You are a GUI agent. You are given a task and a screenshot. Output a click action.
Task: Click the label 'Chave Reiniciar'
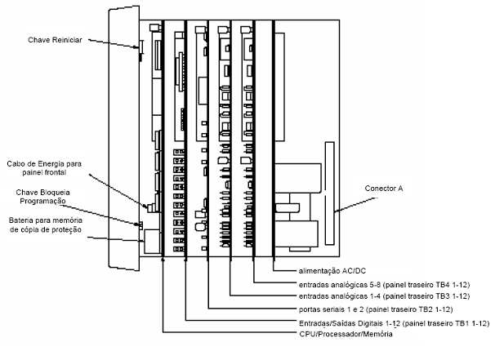(55, 40)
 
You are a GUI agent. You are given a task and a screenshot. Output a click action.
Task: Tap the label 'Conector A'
(384, 189)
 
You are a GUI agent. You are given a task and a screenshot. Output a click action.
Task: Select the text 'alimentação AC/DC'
(332, 271)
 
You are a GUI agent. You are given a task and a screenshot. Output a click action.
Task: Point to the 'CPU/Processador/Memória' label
(346, 334)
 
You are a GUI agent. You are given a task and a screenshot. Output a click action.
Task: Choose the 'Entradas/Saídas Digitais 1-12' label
(350, 323)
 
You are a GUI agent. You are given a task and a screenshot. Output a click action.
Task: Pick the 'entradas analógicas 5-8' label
(339, 285)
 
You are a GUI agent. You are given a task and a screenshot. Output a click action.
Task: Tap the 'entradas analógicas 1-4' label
(339, 296)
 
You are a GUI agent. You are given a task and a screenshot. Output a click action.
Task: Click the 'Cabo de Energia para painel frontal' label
(44, 168)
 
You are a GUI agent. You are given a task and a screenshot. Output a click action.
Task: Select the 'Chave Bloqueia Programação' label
(43, 197)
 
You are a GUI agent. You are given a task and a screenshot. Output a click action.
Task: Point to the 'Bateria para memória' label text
(46, 220)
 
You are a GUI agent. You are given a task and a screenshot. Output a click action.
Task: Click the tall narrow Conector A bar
(329, 193)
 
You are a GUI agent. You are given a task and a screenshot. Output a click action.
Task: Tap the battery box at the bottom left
(152, 241)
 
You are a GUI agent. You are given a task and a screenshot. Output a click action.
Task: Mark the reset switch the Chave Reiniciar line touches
(141, 51)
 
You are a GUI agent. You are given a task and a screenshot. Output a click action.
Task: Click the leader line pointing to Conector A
(356, 205)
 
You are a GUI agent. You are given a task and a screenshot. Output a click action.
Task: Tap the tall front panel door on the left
(124, 138)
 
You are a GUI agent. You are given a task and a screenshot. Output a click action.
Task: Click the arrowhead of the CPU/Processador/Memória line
(163, 259)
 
